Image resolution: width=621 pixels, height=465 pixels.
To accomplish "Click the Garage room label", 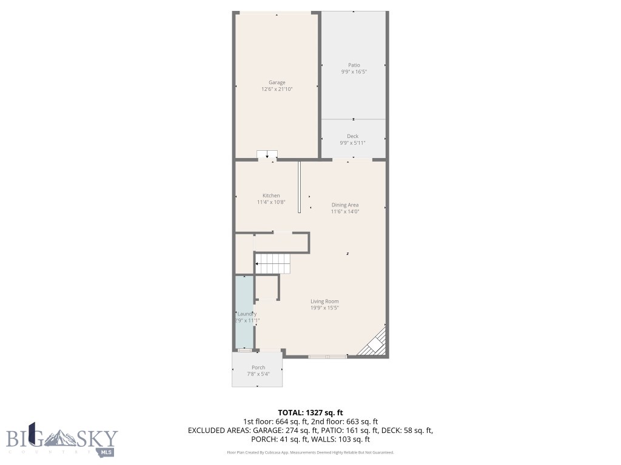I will pyautogui.click(x=277, y=82).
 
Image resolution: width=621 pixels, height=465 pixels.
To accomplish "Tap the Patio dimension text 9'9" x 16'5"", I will pyautogui.click(x=354, y=71).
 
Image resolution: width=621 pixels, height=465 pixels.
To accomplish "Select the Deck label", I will pyautogui.click(x=352, y=136).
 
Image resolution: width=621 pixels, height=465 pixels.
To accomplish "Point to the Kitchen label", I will pyautogui.click(x=271, y=196).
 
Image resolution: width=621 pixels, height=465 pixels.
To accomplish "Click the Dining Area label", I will pyautogui.click(x=345, y=205).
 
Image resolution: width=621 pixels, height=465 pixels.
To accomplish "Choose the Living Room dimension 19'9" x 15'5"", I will pyautogui.click(x=324, y=308).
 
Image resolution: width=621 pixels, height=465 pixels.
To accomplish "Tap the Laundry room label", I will pyautogui.click(x=246, y=314).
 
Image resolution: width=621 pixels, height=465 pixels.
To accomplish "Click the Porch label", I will pyautogui.click(x=258, y=368).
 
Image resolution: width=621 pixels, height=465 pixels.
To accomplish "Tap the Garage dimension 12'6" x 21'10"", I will pyautogui.click(x=277, y=89).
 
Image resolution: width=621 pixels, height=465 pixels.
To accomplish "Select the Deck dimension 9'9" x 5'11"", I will pyautogui.click(x=352, y=143).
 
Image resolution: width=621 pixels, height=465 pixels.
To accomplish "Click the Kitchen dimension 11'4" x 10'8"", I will pyautogui.click(x=271, y=202).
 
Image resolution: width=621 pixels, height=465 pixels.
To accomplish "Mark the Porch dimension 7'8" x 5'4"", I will pyautogui.click(x=258, y=374).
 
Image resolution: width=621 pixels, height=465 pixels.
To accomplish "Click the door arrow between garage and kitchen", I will pyautogui.click(x=267, y=155).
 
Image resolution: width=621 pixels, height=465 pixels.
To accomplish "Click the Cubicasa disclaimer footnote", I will pyautogui.click(x=310, y=452).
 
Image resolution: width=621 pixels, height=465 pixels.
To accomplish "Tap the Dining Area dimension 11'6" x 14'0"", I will pyautogui.click(x=345, y=211).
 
